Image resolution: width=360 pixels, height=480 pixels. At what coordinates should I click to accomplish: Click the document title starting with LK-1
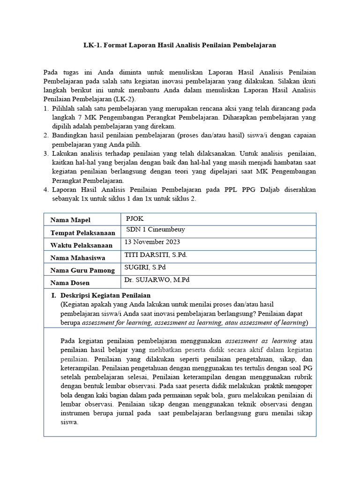point(180,45)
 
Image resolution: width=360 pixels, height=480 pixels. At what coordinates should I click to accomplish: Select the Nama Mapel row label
point(70,220)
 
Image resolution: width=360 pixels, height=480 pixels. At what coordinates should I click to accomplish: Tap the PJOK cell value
point(135,218)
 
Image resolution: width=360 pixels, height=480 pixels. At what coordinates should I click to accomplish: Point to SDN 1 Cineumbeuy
point(156,230)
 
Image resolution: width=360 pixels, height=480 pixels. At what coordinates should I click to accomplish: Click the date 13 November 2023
point(152,242)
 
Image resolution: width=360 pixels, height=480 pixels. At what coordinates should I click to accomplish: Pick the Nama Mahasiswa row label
point(77,258)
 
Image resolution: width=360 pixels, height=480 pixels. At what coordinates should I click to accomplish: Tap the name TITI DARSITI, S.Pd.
point(156,255)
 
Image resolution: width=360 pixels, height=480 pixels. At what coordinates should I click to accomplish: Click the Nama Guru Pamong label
point(82,270)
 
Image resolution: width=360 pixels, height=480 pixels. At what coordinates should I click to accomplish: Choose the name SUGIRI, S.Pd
point(145,267)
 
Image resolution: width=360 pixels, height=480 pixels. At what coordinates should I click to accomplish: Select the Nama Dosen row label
point(70,283)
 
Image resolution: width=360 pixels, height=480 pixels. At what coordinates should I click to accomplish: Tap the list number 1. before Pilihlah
point(46,109)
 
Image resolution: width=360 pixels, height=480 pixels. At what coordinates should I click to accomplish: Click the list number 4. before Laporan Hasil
point(46,189)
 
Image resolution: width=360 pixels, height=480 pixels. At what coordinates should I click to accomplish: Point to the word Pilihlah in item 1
point(65,109)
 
